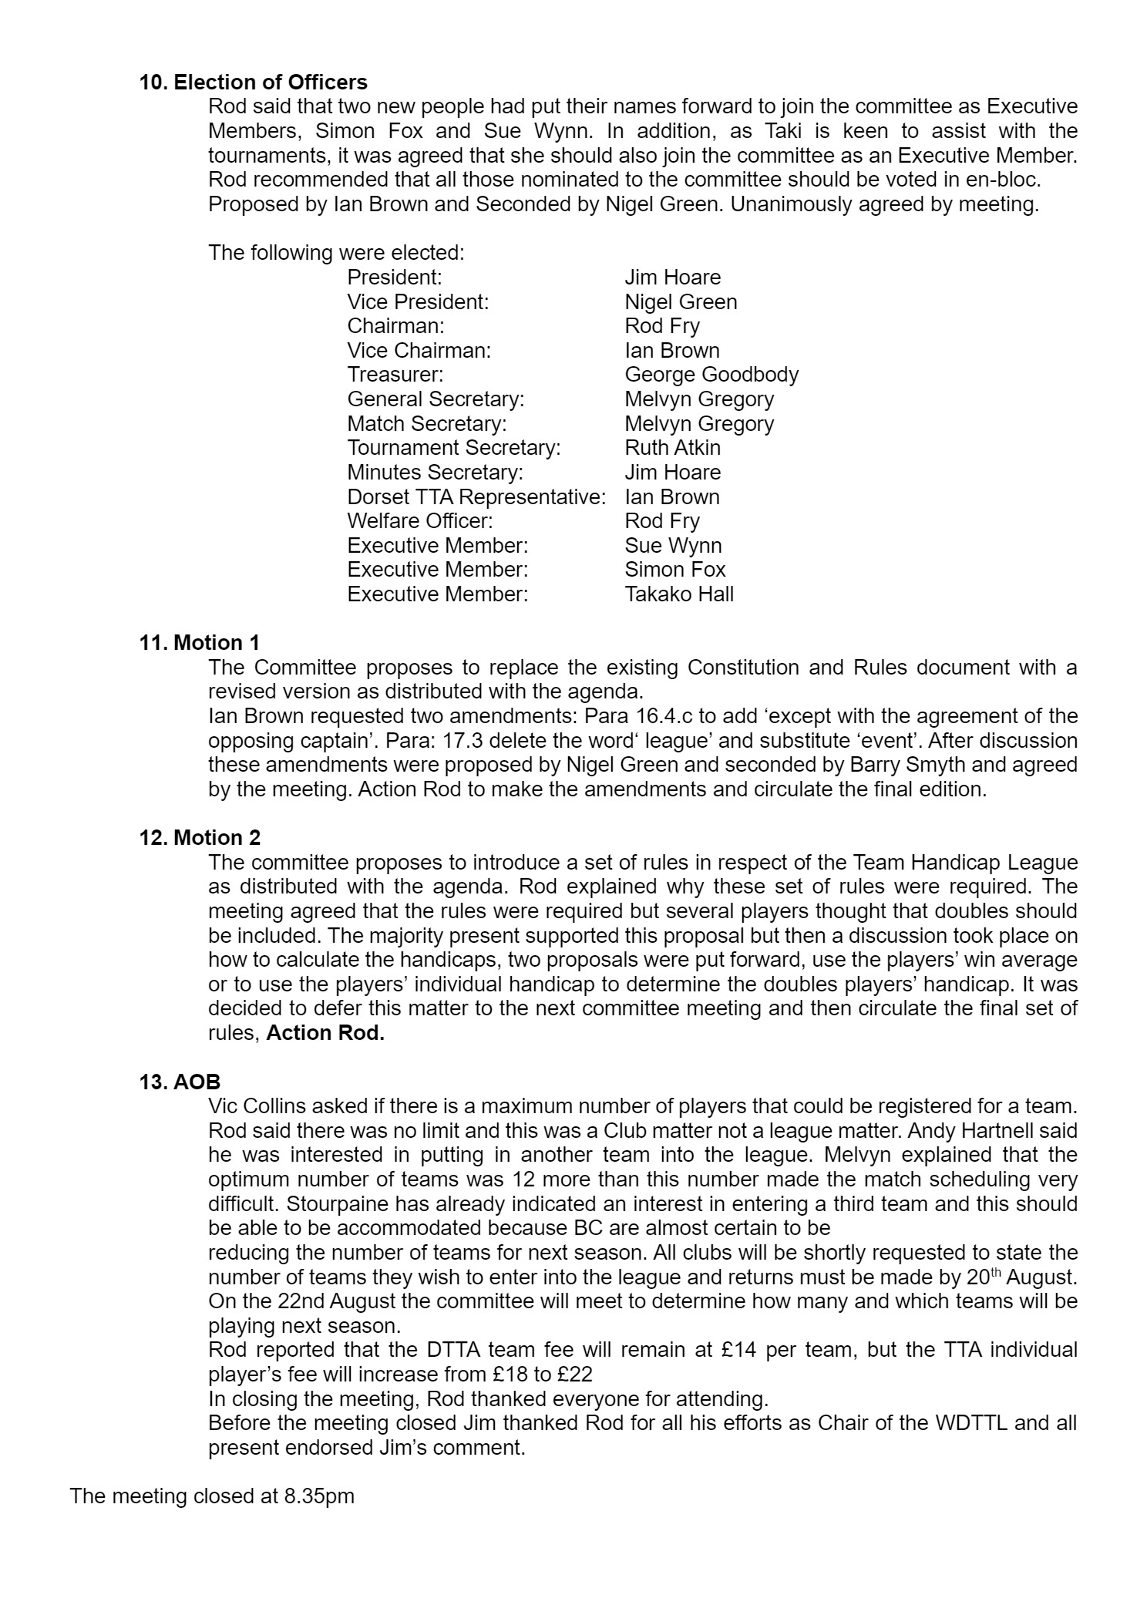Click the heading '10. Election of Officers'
click(253, 82)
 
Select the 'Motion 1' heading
click(217, 642)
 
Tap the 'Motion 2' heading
click(217, 837)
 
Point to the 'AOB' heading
click(197, 1082)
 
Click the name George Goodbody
click(711, 375)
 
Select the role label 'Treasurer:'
click(395, 375)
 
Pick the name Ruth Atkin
click(672, 448)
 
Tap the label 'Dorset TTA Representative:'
click(476, 496)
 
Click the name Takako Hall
click(678, 594)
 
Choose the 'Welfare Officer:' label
click(419, 521)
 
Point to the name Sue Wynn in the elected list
click(673, 546)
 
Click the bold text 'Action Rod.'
click(325, 1033)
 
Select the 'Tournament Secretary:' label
click(453, 448)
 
